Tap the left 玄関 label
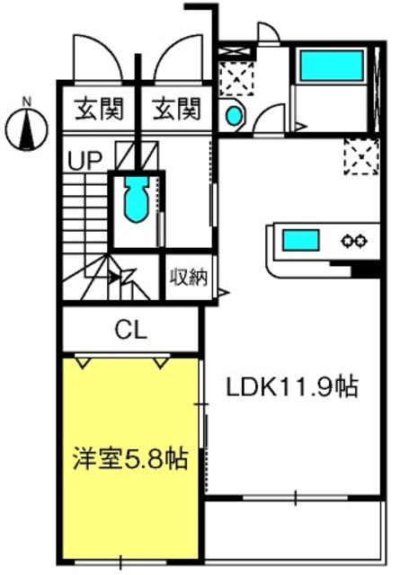(99, 109)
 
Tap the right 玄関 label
(177, 109)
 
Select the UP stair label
(84, 160)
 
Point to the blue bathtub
(332, 66)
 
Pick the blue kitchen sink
(300, 240)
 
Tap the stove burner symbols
(354, 241)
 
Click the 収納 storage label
(189, 278)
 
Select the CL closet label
(131, 330)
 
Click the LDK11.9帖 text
(292, 387)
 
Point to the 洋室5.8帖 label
(130, 458)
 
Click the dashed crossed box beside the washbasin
(236, 79)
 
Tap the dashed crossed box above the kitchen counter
(361, 156)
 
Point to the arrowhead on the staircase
(114, 278)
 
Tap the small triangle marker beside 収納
(223, 292)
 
